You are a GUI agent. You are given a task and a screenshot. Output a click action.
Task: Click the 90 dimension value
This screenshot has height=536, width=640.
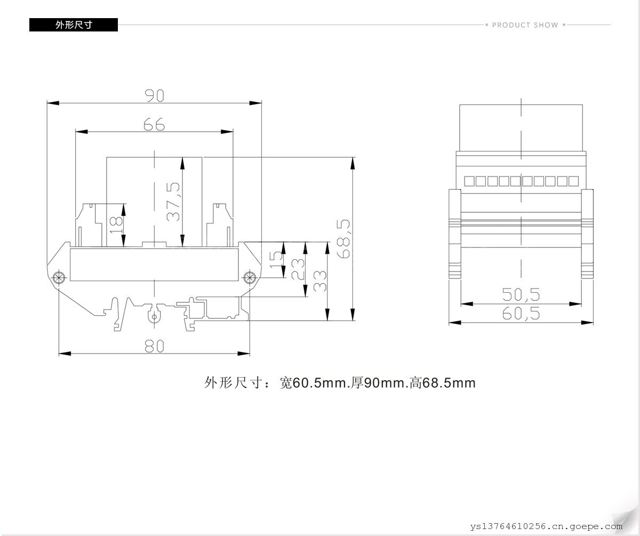[154, 95]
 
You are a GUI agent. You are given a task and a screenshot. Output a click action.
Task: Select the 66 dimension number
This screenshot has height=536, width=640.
[154, 124]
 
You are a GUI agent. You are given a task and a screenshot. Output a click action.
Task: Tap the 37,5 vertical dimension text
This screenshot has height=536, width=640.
[173, 202]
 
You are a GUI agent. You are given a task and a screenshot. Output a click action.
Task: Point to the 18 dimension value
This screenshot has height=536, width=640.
[116, 225]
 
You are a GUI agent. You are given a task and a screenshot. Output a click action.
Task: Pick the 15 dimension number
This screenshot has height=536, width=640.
[276, 260]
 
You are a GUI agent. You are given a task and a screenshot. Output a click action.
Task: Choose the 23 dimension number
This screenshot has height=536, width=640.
[298, 269]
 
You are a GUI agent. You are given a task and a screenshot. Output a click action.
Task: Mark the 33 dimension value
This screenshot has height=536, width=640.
[320, 281]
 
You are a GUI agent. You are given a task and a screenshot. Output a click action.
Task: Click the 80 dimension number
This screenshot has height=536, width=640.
[154, 346]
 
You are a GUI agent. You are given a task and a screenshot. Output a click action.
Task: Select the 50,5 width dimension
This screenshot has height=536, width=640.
[521, 294]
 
